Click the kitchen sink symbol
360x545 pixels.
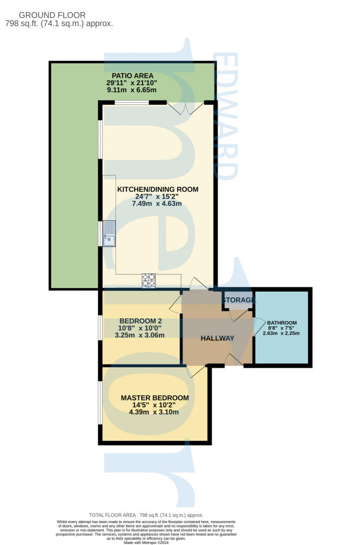point(109,234)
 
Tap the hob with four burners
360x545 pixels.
point(148,280)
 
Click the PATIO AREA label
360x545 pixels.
point(132,76)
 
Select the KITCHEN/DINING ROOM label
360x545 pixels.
point(158,189)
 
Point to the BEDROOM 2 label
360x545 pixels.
point(140,320)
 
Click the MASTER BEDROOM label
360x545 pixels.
point(155,398)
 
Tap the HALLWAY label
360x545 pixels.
point(217,338)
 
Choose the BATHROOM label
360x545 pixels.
point(282,323)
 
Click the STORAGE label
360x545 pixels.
point(239,300)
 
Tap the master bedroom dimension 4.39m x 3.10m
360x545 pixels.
point(155,412)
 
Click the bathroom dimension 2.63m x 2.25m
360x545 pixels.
point(282,334)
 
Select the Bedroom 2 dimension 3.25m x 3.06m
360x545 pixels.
point(140,335)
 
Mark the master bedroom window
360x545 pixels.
point(99,402)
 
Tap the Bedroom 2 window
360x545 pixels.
point(99,327)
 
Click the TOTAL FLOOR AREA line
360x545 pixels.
point(146,515)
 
